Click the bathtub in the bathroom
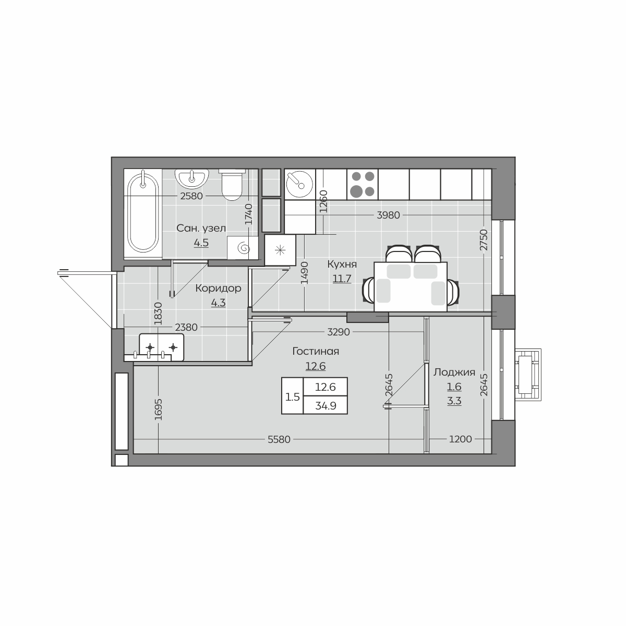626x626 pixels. click(143, 214)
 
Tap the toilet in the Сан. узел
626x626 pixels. click(232, 185)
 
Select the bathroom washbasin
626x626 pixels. click(192, 179)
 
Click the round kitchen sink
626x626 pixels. click(299, 184)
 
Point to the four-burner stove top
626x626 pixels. click(363, 184)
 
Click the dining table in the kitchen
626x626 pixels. click(411, 286)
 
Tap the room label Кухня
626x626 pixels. click(342, 264)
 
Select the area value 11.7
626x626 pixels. click(342, 279)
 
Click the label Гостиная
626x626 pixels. click(316, 351)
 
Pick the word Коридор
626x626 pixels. click(218, 288)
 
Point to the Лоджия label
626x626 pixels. click(454, 372)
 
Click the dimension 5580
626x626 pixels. click(279, 440)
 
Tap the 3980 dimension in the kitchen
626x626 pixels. click(388, 215)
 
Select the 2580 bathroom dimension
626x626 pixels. click(191, 196)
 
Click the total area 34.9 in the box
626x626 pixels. click(326, 406)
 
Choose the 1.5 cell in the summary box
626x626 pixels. click(292, 396)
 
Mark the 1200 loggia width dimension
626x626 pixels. click(460, 439)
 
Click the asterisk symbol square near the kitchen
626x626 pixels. click(280, 250)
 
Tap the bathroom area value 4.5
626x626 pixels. click(201, 243)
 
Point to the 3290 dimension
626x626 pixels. click(338, 332)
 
